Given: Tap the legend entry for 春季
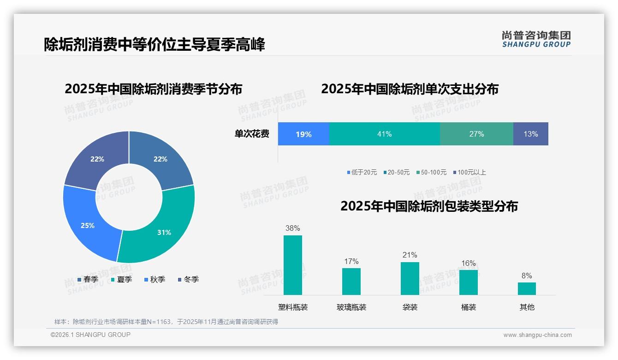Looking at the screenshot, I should coord(88,279).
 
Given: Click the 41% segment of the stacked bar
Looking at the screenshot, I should coord(384,134).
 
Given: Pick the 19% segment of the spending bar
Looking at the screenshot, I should coord(303,134).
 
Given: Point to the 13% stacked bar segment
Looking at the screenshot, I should coord(530,134).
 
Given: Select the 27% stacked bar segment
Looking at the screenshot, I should coord(476,134).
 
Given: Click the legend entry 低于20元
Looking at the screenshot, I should coord(362,172).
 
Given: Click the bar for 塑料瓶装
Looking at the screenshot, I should coord(293,265).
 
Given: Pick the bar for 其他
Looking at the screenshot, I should coord(527,288).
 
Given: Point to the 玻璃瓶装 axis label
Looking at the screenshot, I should coord(351,307).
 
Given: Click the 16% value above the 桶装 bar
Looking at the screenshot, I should coord(469,263).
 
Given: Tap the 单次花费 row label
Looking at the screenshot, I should coord(252,134).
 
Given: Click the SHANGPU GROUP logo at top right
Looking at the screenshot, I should coord(536,39).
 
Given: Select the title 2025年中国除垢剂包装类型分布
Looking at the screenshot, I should coord(429,206).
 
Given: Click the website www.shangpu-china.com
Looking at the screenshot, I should coord(537,335).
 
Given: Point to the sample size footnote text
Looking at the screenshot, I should coord(166,322).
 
